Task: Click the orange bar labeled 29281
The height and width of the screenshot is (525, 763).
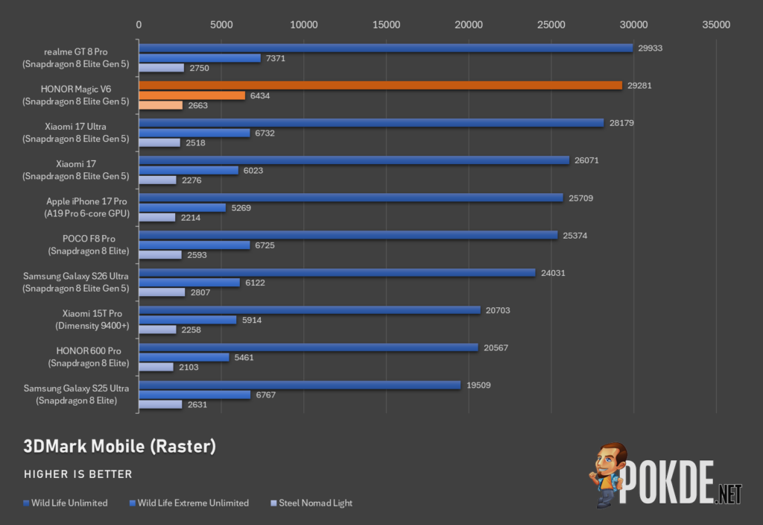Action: (381, 86)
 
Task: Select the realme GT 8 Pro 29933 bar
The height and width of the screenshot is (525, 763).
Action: (386, 48)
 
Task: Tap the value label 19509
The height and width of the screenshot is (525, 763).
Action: (478, 386)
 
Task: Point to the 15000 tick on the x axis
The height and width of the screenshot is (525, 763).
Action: (387, 25)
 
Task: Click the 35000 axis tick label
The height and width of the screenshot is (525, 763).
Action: (716, 25)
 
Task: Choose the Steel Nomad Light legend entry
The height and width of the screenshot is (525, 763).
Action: (311, 503)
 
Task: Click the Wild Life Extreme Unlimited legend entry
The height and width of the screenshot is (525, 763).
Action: (189, 503)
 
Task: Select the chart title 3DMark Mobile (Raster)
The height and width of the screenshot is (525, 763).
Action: (120, 446)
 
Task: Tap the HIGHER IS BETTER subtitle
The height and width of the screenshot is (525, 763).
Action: (77, 474)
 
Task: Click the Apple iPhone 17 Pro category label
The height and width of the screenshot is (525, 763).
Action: (86, 207)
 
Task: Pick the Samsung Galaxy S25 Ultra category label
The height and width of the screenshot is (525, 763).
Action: (77, 394)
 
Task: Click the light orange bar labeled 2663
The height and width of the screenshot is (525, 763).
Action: (161, 105)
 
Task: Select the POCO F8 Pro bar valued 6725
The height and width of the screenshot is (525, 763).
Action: (194, 245)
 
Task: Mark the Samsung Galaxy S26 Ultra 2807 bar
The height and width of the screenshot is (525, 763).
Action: (162, 292)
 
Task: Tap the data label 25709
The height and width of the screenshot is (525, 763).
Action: (581, 198)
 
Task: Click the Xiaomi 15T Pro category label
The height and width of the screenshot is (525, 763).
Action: (92, 319)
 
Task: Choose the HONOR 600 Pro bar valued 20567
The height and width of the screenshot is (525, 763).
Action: (308, 348)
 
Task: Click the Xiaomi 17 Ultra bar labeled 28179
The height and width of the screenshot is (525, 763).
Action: (371, 123)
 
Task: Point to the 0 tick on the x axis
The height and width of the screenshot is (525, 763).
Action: (139, 25)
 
